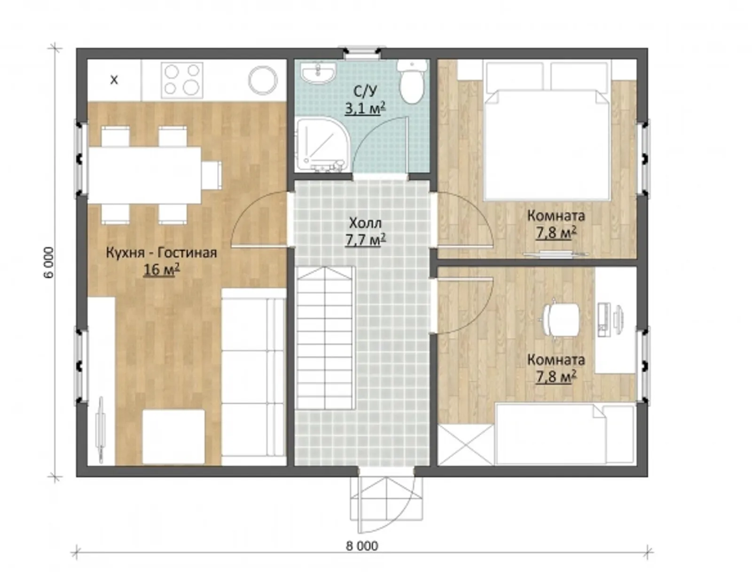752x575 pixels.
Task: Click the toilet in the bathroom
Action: (413, 81)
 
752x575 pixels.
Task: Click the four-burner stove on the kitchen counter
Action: (182, 79)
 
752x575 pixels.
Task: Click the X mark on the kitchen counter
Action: (114, 80)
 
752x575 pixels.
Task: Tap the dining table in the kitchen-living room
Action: (145, 175)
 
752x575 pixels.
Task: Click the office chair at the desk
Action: (561, 319)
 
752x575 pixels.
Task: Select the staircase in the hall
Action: (324, 338)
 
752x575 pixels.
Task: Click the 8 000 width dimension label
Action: (362, 545)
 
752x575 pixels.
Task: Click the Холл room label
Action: (365, 223)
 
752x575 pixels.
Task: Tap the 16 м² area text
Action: (161, 270)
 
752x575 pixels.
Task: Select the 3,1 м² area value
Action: (365, 108)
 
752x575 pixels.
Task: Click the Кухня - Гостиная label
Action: (161, 253)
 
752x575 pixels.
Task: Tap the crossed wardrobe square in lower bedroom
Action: (466, 445)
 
